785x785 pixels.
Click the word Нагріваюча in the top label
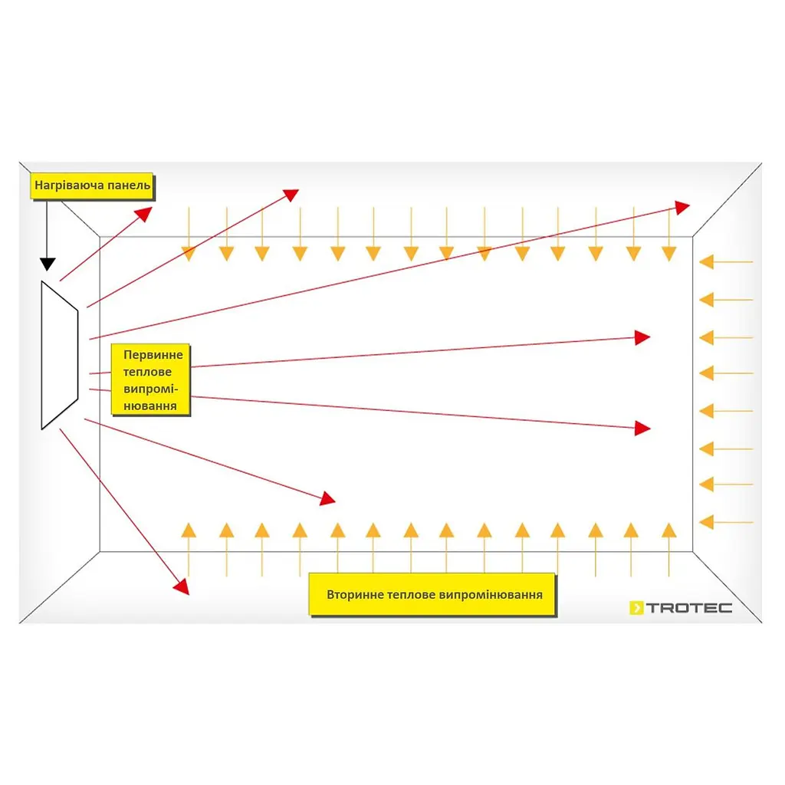69,186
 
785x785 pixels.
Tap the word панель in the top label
129,186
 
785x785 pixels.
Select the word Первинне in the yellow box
153,355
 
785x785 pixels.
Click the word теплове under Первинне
147,372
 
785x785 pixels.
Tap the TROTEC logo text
689,608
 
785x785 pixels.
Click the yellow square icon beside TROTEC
636,608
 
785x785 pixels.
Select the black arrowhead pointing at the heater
48,264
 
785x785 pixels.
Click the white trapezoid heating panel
60,355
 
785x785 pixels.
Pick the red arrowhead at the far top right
682,207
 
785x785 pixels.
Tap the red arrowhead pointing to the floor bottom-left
182,586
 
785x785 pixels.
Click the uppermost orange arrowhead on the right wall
706,262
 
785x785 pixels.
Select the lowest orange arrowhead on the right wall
706,522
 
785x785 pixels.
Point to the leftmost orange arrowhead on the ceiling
189,254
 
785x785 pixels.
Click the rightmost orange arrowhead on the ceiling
669,254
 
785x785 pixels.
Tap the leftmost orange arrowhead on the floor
189,530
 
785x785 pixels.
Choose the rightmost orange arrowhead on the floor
669,530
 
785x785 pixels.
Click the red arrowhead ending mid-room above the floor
328,498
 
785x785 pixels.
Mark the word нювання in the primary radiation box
150,406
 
